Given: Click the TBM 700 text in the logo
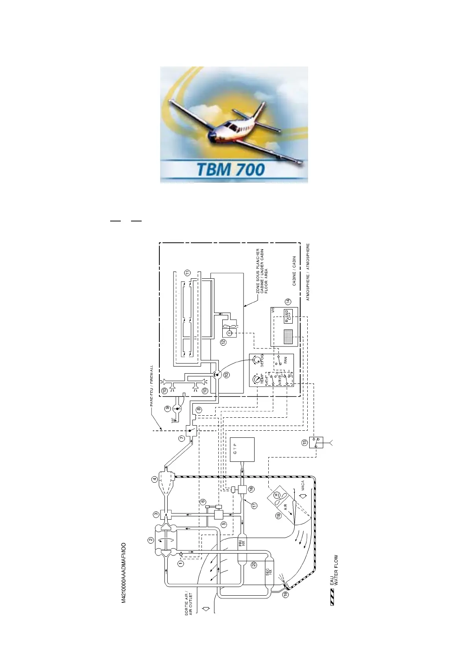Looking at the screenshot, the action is (x=230, y=170).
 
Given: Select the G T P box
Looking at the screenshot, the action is (x=242, y=449).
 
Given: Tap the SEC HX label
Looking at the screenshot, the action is (x=269, y=572).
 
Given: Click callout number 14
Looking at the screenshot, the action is (x=288, y=302).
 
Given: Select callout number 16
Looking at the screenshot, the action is (x=251, y=489).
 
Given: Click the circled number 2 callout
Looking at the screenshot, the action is (x=150, y=540).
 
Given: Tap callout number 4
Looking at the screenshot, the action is (x=155, y=479).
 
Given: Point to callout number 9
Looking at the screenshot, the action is (x=168, y=409).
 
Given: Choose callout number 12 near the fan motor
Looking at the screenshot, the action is (x=223, y=342).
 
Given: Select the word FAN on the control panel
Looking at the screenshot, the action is (x=286, y=359).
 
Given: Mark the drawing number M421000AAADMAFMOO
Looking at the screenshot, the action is (x=124, y=573).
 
